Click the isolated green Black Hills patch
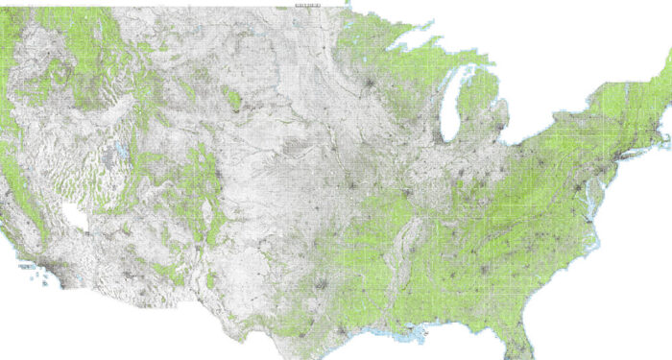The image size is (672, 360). tap(230, 97)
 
